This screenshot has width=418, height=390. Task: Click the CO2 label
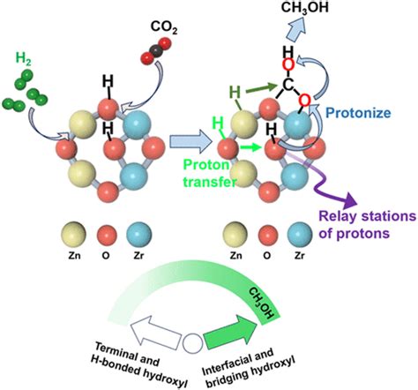point(164,27)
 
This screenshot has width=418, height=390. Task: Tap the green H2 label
point(24,59)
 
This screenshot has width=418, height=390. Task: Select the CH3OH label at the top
point(305,7)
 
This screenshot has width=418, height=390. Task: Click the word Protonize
point(359,113)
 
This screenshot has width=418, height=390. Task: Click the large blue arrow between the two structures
point(191,141)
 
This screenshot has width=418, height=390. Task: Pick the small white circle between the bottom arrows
point(192,343)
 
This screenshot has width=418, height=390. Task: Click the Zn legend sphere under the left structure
point(73,235)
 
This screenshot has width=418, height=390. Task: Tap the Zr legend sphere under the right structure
point(300,235)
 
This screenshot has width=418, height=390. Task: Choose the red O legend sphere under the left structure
point(107,236)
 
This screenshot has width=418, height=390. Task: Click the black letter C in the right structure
point(288,86)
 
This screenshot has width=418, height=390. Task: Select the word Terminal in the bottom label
point(127,354)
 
